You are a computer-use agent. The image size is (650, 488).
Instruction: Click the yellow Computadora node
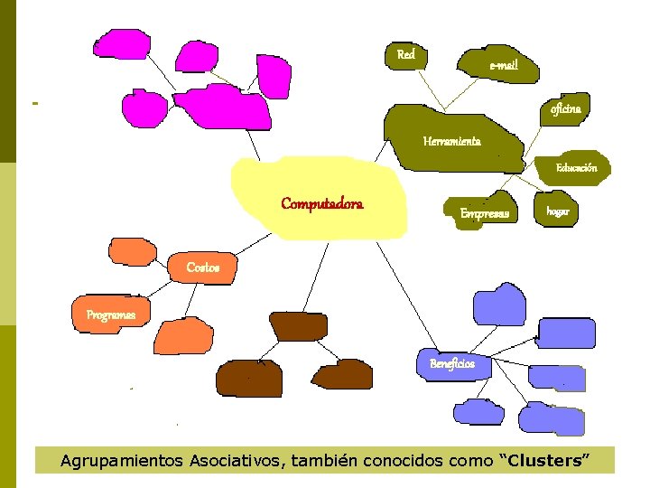(322, 203)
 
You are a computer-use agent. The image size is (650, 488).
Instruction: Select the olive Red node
(406, 55)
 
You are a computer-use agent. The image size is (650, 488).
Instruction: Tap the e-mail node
(502, 64)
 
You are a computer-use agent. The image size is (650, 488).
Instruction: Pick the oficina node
(571, 108)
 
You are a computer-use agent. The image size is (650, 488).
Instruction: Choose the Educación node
(576, 168)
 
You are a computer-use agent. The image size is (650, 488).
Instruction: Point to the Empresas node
(484, 213)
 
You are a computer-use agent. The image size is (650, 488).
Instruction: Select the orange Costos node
(203, 267)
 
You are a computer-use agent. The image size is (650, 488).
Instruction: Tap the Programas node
(110, 314)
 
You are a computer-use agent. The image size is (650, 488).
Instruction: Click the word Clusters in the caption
(544, 461)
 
